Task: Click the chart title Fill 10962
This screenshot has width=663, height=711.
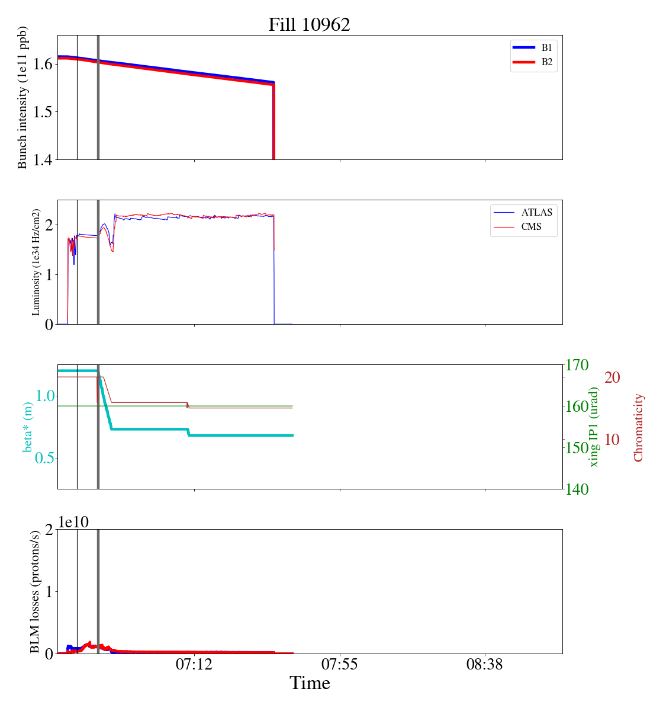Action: click(309, 25)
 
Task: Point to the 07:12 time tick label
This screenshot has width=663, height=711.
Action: click(194, 665)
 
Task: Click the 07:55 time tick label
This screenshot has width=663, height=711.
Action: click(340, 665)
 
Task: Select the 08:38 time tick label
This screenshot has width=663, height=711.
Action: click(485, 665)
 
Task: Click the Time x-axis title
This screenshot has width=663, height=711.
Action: click(310, 684)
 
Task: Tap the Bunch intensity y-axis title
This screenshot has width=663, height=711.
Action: click(22, 98)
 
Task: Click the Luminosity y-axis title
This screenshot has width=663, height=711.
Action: click(36, 262)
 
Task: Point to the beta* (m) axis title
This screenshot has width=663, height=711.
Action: click(28, 427)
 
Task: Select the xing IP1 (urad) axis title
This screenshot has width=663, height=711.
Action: click(594, 427)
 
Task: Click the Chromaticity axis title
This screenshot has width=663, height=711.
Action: click(638, 427)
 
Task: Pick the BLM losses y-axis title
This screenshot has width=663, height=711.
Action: click(35, 591)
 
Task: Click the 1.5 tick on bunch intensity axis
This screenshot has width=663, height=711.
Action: click(41, 112)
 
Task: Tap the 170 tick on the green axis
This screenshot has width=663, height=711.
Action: click(578, 365)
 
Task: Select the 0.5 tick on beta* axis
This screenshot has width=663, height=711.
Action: click(41, 458)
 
